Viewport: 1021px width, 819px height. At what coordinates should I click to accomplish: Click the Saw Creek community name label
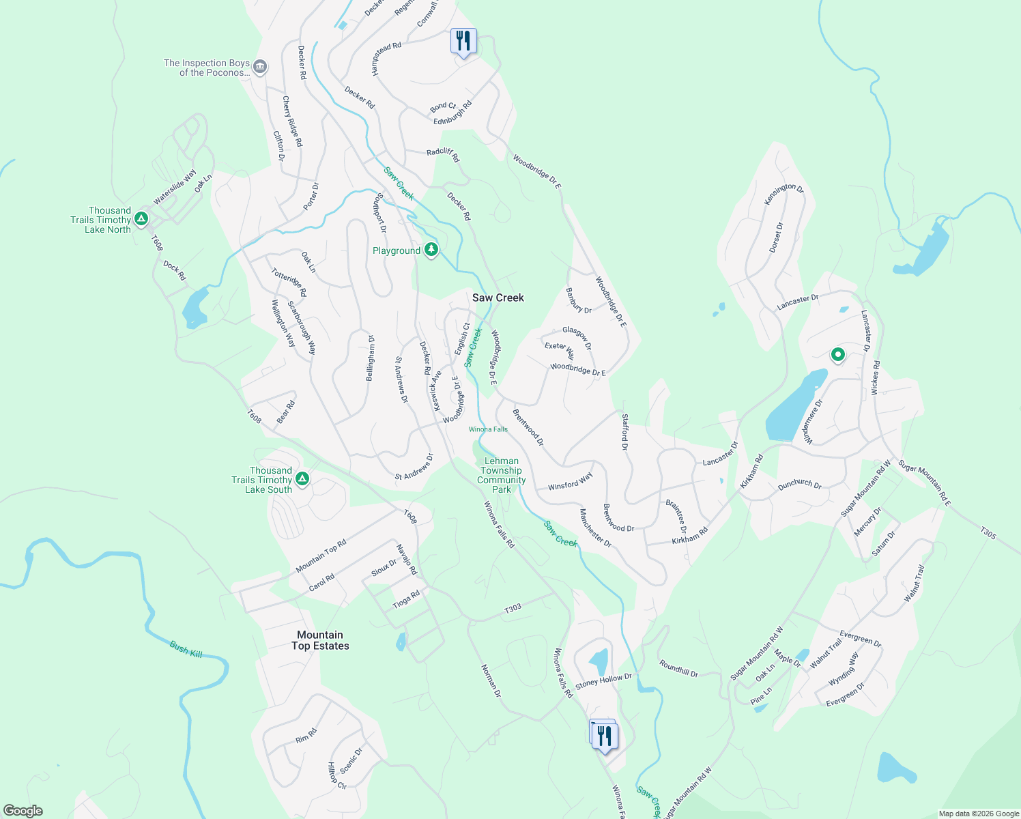point(498,298)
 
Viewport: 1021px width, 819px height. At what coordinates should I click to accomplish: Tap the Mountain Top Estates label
point(320,640)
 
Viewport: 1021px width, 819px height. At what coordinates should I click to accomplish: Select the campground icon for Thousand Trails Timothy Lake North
point(141,219)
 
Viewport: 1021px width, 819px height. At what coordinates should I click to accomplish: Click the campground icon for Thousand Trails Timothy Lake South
point(302,479)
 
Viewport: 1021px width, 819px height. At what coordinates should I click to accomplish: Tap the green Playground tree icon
point(431,250)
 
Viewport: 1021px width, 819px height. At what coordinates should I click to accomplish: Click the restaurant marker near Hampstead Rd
point(463,41)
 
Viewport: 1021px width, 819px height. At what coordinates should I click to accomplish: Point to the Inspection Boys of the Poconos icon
point(260,67)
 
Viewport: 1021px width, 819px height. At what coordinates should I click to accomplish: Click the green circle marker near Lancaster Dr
point(837,355)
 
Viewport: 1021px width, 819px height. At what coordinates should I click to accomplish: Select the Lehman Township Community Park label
point(501,475)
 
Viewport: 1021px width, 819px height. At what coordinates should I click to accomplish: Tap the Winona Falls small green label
point(488,429)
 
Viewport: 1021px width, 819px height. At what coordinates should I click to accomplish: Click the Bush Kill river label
point(186,649)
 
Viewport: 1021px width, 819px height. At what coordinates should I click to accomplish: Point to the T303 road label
point(513,608)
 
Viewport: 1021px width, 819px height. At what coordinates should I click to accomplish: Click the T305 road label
point(988,533)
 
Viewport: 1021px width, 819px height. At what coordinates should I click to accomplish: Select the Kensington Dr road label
point(783,193)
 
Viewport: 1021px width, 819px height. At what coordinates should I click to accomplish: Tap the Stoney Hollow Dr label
point(603,681)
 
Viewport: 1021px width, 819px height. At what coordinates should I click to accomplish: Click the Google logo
point(23,811)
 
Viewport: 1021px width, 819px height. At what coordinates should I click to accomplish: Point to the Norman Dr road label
point(491,680)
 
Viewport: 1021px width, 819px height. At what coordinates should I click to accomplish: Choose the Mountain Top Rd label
point(321,556)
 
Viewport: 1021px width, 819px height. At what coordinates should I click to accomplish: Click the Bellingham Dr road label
point(371,358)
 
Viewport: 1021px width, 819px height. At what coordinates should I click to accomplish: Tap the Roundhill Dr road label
point(678,668)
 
